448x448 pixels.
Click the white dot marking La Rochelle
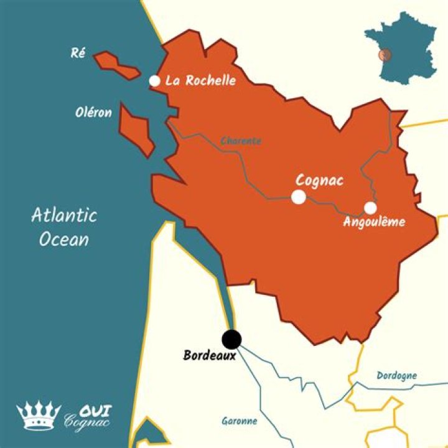pos(155,81)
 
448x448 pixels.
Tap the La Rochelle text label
pos(201,81)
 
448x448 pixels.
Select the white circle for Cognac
pos(299,197)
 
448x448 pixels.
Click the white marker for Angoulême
pos(370,208)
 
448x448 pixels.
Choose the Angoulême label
pos(374,222)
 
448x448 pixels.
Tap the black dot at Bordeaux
pos(232,339)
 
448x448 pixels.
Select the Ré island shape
pos(116,65)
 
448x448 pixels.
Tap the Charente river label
pos(241,141)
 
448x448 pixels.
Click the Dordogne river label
pos(396,375)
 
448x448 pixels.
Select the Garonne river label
pos(239,421)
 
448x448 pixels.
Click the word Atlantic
pos(64,216)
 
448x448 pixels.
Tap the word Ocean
pos(63,240)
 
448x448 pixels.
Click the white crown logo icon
pos(39,416)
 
